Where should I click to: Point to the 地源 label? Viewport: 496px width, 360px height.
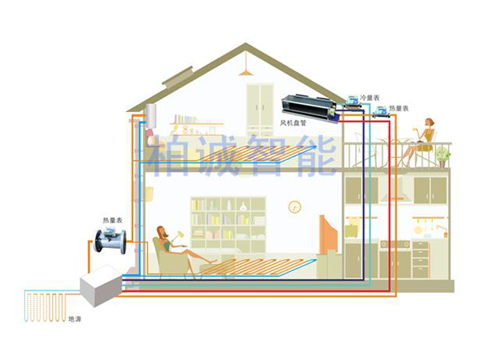coord(74,318)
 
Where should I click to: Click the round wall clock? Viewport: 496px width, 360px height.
coord(294,206)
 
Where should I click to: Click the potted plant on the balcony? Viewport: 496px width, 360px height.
coord(442,154)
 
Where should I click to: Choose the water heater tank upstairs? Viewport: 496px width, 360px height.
coord(151,122)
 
